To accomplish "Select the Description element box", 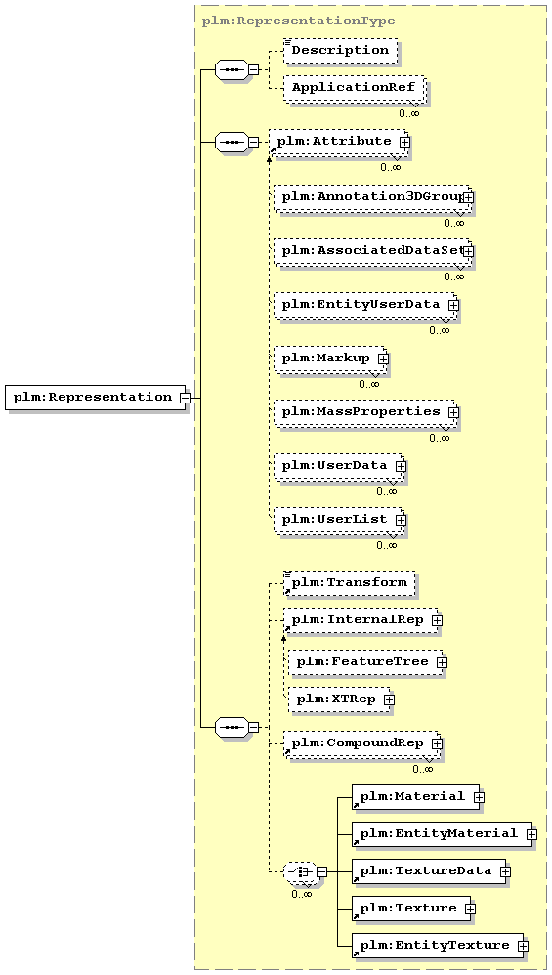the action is [x=340, y=51].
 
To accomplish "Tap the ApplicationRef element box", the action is [x=354, y=88].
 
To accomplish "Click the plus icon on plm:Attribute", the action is [x=404, y=142].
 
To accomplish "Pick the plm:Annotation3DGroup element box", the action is [x=371, y=197].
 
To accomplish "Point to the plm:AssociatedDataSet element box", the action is [x=371, y=252].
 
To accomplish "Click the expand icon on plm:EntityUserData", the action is [x=453, y=306].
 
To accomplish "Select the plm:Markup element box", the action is [x=329, y=359].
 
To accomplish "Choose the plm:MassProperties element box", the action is [x=364, y=412].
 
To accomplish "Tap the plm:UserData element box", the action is [x=338, y=466].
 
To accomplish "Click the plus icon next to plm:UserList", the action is [x=401, y=519].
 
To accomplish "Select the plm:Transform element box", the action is [x=350, y=583].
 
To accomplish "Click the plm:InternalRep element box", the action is [x=361, y=620].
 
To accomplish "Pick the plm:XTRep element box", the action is [x=339, y=699].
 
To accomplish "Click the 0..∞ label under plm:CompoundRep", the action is [x=423, y=769].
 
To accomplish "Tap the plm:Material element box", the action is [x=416, y=797].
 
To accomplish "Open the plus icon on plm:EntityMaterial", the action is [x=531, y=834].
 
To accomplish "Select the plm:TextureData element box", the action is [x=429, y=871].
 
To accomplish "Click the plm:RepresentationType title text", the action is [x=298, y=21].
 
